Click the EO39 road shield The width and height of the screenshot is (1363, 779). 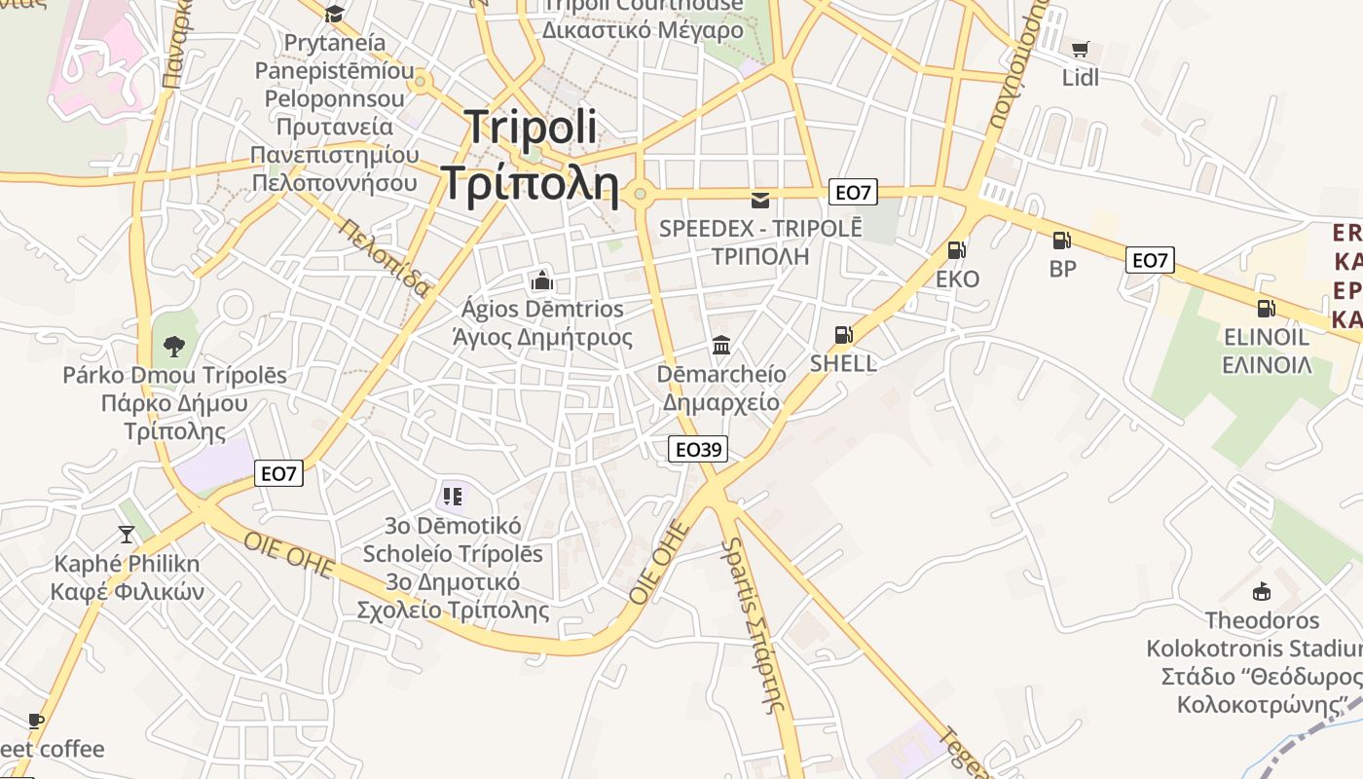[698, 449]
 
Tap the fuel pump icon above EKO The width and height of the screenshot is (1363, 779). [956, 250]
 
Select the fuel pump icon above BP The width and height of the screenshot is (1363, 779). [1061, 240]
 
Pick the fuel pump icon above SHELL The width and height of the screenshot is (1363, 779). [843, 335]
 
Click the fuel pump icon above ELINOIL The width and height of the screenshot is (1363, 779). [1266, 309]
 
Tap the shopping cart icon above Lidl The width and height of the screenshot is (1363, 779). [1080, 49]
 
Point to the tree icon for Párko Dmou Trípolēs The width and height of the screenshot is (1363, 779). [174, 346]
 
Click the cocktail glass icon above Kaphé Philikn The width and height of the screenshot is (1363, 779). [127, 534]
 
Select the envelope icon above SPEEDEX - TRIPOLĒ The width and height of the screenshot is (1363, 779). [760, 201]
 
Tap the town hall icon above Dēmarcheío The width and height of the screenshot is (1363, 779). [721, 346]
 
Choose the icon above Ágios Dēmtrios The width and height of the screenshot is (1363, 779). [542, 281]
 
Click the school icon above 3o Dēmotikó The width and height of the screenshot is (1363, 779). [452, 497]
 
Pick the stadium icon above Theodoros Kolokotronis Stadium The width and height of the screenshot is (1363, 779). [1262, 591]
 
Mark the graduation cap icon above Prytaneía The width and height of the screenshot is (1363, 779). [335, 14]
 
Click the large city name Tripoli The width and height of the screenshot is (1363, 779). [531, 128]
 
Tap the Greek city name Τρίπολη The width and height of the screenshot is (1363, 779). [531, 182]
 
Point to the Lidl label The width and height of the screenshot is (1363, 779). [1080, 78]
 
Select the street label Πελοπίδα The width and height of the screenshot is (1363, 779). [385, 256]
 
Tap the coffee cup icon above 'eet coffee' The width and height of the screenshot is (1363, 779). [36, 722]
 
